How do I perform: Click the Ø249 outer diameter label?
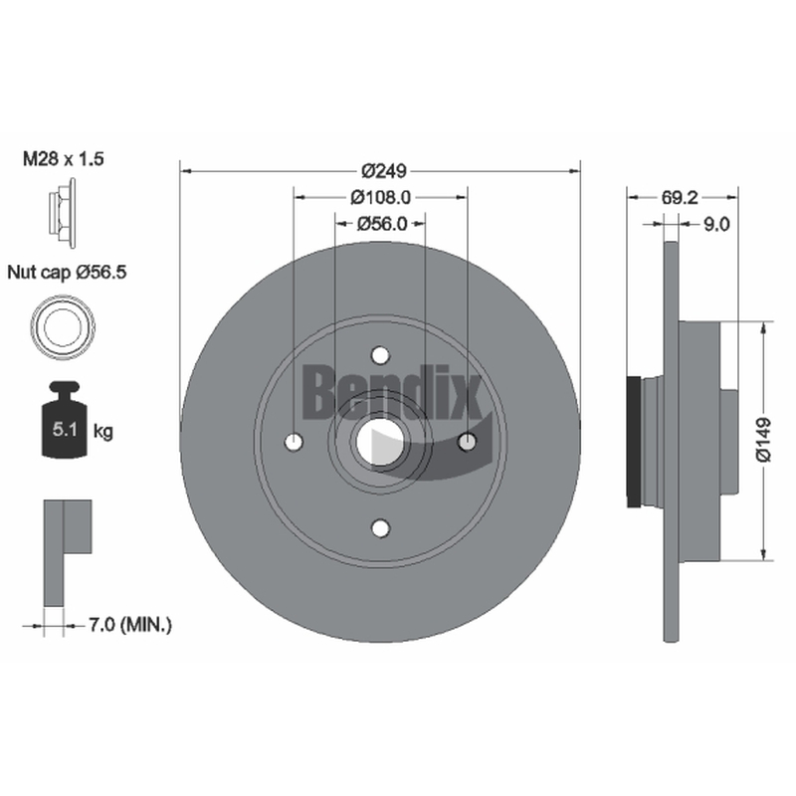[384, 171]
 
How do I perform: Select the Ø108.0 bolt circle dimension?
[380, 197]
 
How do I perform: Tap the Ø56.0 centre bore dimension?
[382, 223]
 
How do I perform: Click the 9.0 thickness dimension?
[716, 223]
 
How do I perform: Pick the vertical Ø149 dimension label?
[763, 440]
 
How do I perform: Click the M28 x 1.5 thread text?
[64, 159]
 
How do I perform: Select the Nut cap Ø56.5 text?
[67, 273]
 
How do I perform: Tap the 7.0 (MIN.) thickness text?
[130, 625]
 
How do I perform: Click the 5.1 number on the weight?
[65, 430]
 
